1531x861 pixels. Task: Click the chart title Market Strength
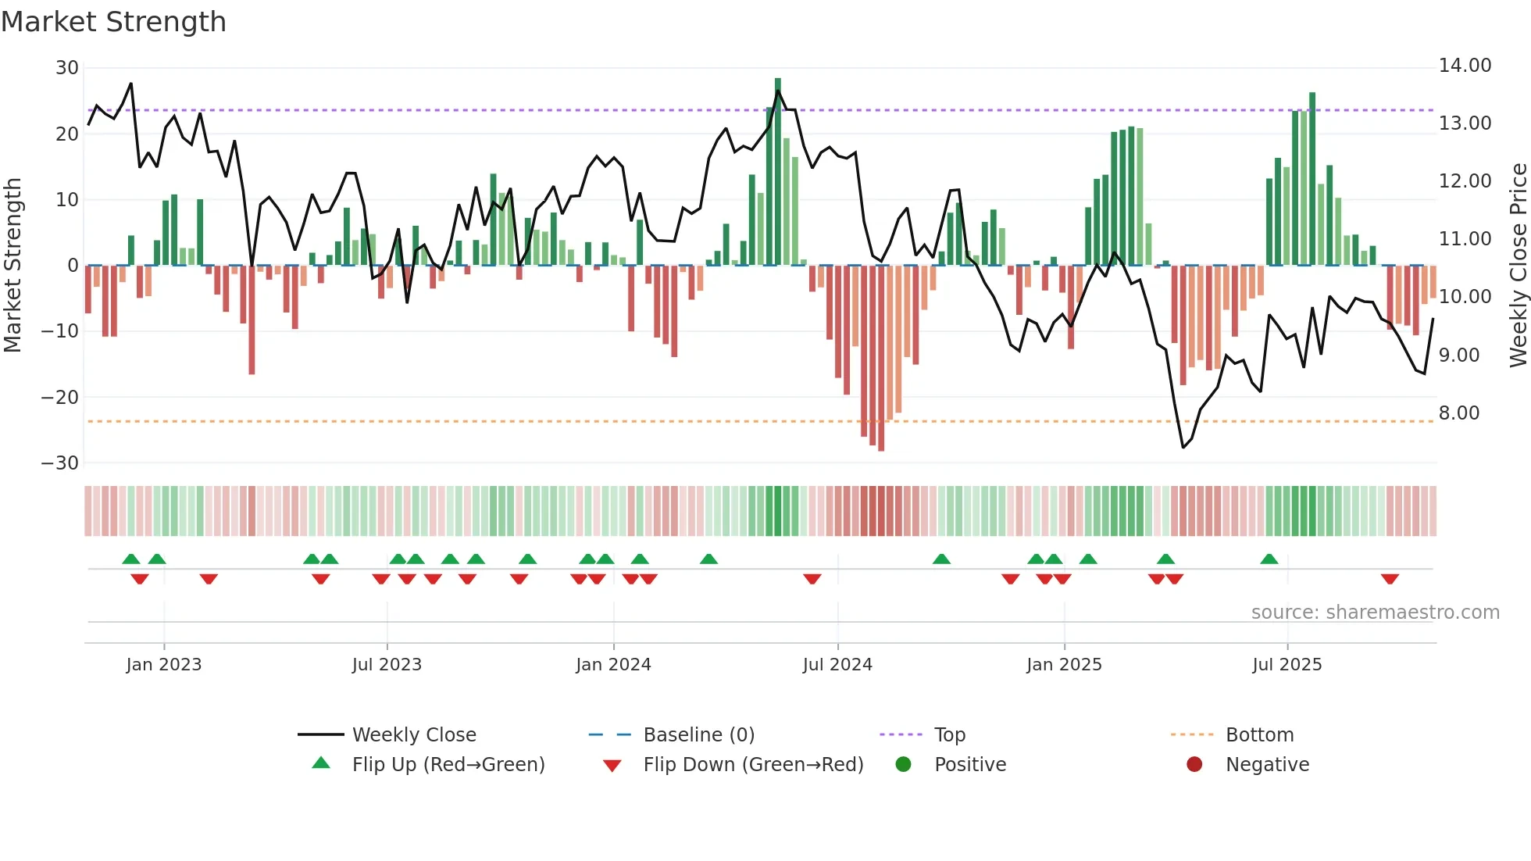click(x=113, y=22)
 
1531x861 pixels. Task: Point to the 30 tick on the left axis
click(x=66, y=68)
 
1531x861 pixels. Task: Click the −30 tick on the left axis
click(x=60, y=463)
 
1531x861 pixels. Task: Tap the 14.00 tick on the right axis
click(x=1465, y=66)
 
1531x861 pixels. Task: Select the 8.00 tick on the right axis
click(x=1458, y=413)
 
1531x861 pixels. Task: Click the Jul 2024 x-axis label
click(x=837, y=665)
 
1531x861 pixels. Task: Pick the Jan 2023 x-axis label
click(x=163, y=665)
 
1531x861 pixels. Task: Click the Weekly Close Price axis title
click(x=1518, y=266)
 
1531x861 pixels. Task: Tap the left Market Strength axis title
click(x=12, y=266)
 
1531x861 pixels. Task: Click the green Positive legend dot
click(x=903, y=765)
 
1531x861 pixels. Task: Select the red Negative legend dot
click(x=1194, y=765)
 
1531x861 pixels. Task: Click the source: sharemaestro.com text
click(x=1375, y=613)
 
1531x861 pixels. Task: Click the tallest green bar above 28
click(x=778, y=172)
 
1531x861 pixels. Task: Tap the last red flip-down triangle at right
click(x=1390, y=579)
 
